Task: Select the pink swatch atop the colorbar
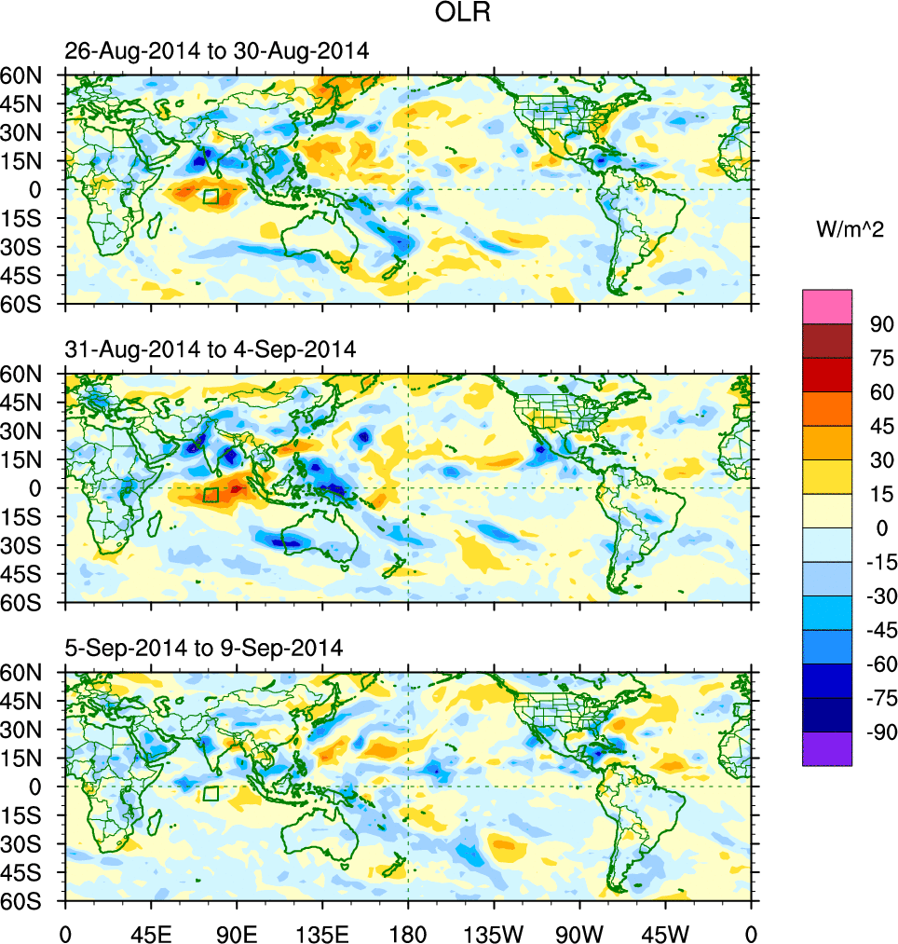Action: click(x=827, y=306)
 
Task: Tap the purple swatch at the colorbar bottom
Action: click(x=827, y=748)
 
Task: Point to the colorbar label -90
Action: click(x=878, y=732)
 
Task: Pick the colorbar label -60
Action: click(x=878, y=664)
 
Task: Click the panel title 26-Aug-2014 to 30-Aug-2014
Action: click(x=217, y=52)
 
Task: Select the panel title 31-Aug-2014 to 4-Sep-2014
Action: click(x=211, y=350)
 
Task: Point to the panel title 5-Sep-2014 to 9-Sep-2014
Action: click(x=204, y=647)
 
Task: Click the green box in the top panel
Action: click(x=211, y=196)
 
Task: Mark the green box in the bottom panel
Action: click(x=211, y=793)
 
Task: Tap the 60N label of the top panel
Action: click(x=30, y=75)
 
